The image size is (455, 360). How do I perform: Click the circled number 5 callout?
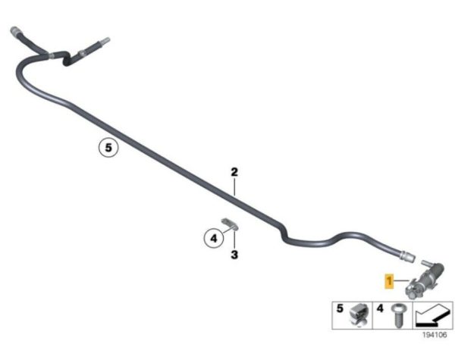[108, 148]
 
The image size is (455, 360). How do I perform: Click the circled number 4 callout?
[214, 239]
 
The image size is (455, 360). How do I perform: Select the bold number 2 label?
[234, 172]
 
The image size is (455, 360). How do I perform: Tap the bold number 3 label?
[234, 255]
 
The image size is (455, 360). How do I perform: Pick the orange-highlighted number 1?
[389, 281]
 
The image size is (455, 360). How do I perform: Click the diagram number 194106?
[435, 335]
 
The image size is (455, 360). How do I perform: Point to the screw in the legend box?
[397, 315]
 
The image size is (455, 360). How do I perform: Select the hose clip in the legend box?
[359, 315]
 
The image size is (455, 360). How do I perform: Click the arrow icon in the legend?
[432, 315]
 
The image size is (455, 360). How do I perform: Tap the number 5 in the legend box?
[340, 308]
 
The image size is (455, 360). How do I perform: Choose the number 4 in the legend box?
[380, 308]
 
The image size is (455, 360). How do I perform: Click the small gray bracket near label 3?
[230, 224]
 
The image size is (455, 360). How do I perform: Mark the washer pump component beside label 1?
[424, 280]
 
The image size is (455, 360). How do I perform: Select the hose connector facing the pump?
[406, 256]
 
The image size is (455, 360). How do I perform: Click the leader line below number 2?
[234, 186]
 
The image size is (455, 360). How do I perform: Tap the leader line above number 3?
[234, 239]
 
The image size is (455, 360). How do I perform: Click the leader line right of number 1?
[402, 280]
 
